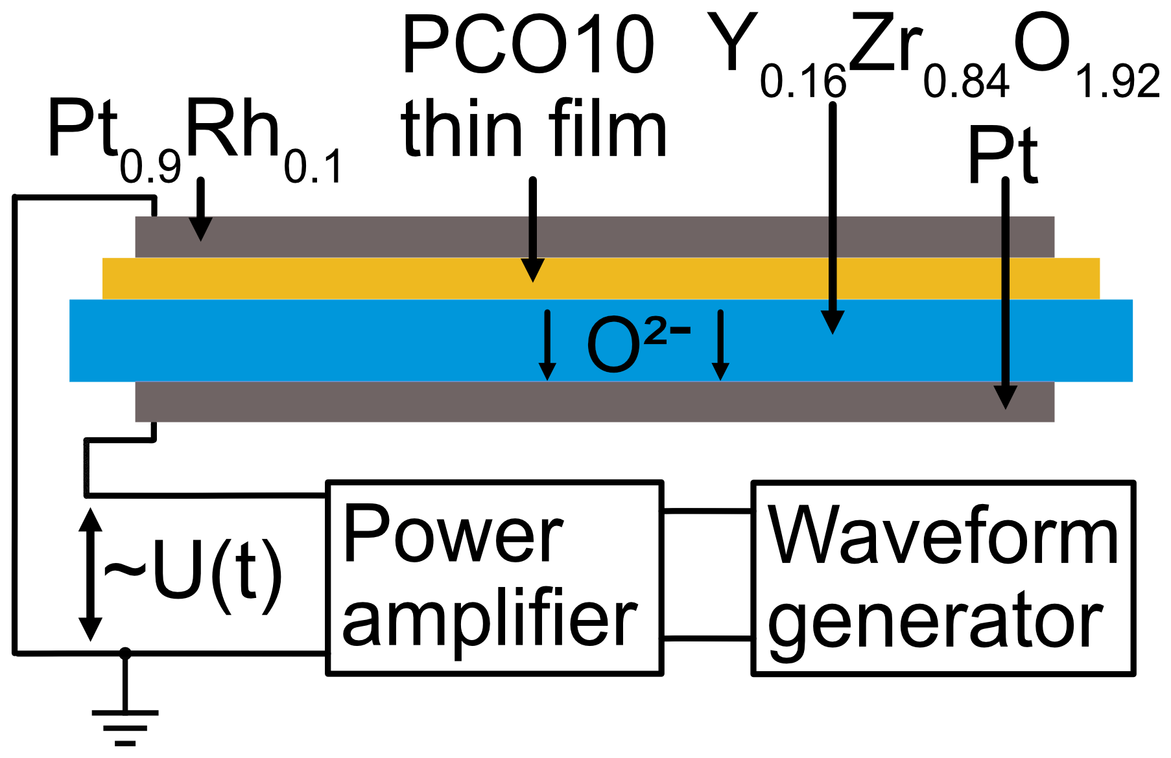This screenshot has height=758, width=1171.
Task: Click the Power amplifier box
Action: click(494, 578)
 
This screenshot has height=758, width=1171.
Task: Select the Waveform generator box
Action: click(943, 578)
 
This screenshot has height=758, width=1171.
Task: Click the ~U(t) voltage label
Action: click(193, 574)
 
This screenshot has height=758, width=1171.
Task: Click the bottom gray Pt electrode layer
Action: click(584, 402)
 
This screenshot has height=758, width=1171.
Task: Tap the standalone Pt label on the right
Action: click(1002, 155)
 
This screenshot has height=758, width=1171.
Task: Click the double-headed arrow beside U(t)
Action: click(90, 574)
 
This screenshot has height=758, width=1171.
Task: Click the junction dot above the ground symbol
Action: click(125, 654)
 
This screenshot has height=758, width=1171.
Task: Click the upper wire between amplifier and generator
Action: click(707, 511)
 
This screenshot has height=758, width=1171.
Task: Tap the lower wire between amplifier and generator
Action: click(707, 639)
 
